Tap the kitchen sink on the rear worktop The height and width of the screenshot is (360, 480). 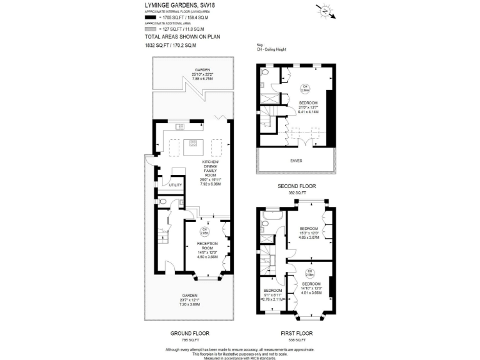coord(181,127)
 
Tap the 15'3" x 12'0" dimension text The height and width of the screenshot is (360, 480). coord(308,234)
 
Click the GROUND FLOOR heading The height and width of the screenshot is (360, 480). coord(190,333)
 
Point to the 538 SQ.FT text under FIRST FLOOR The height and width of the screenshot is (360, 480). coord(296,340)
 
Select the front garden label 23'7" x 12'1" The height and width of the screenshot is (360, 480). coord(189,300)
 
